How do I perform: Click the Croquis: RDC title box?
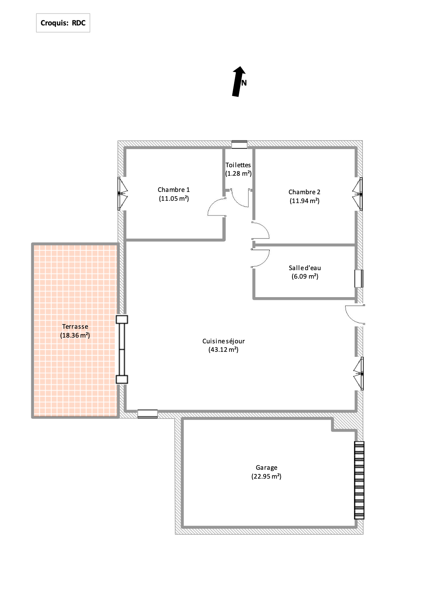63,23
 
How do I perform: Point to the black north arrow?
239,81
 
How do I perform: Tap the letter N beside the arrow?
244,83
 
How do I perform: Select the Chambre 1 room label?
174,190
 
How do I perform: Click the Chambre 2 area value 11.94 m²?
305,201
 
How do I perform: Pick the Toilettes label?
238,165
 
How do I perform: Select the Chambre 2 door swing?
261,230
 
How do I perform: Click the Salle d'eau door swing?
260,258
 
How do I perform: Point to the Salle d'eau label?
305,268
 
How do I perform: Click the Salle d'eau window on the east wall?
359,279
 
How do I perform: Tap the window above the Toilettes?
239,145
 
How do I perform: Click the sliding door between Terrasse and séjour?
122,350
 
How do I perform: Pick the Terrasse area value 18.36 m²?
75,335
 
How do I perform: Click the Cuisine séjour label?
223,341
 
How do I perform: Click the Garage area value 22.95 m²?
266,476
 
